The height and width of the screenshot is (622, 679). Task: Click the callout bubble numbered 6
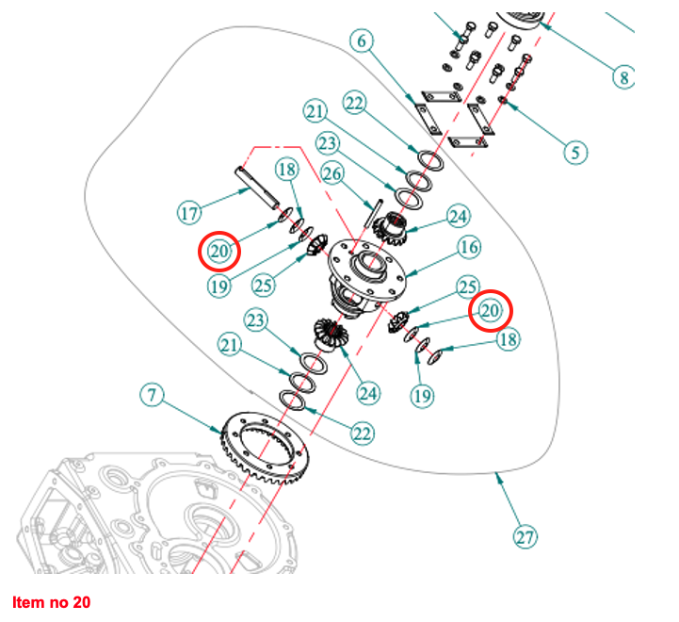click(x=363, y=41)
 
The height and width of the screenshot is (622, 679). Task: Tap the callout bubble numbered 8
click(x=623, y=76)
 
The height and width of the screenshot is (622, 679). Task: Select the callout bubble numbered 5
click(x=576, y=151)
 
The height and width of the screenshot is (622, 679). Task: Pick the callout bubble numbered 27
click(x=525, y=537)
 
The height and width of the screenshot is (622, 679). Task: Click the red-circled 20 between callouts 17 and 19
click(x=220, y=251)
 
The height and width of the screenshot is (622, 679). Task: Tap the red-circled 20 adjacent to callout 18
click(x=490, y=310)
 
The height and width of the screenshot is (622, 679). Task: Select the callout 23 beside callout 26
click(x=328, y=143)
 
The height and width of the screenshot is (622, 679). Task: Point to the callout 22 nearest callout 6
click(x=354, y=103)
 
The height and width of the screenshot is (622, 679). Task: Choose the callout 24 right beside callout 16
click(x=456, y=217)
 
